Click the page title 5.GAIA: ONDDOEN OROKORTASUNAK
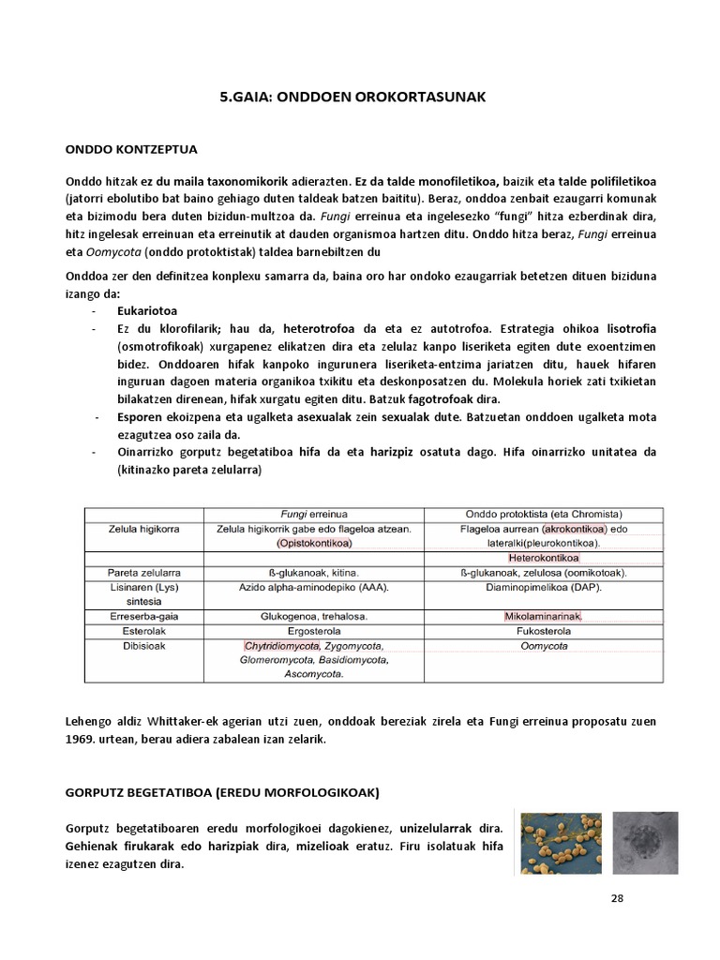[x=360, y=97]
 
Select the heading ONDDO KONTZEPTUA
[x=130, y=149]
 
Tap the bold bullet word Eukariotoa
[x=148, y=309]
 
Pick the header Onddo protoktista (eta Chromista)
[x=544, y=514]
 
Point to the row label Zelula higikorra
[x=143, y=529]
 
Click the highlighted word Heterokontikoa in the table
[x=544, y=558]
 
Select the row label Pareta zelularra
[x=143, y=573]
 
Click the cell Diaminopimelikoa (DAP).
[x=544, y=588]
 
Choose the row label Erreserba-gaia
[x=143, y=617]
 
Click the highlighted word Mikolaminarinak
[x=544, y=617]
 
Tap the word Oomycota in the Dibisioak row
[x=544, y=646]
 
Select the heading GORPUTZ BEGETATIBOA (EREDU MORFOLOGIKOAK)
[x=222, y=793]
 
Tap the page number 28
[x=616, y=898]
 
